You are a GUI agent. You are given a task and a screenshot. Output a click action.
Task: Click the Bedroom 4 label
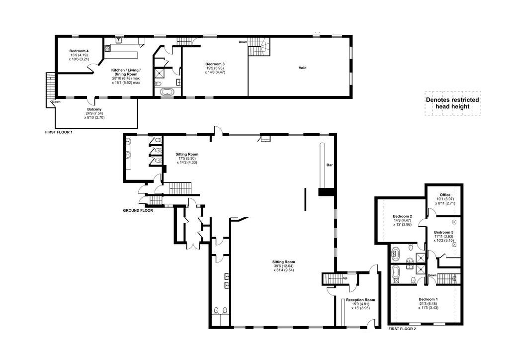[x=79, y=51]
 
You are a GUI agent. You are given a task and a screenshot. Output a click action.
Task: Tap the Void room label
[x=303, y=68]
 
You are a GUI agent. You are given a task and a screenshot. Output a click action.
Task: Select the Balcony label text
[x=94, y=109]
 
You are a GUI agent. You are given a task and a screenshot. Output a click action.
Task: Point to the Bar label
[x=330, y=165]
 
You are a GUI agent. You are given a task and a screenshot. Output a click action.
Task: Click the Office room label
[x=445, y=195]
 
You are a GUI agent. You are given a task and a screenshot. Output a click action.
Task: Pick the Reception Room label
[x=360, y=300]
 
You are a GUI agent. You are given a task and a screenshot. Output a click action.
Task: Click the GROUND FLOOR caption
[x=138, y=210]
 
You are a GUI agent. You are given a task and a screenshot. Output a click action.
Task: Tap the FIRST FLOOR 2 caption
[x=402, y=329]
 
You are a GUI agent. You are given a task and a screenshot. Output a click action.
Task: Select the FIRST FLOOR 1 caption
[x=59, y=132]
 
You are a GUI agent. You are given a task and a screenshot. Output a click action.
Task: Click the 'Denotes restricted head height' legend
[x=452, y=103]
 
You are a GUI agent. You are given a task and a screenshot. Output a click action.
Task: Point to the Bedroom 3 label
[x=215, y=64]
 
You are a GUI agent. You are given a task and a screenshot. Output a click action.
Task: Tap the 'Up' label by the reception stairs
[x=345, y=278]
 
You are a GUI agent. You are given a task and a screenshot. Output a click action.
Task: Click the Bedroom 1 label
[x=428, y=299]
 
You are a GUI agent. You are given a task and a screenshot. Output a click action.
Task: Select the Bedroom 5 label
[x=444, y=232]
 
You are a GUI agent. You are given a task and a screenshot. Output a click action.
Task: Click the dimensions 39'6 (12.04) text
[x=284, y=266]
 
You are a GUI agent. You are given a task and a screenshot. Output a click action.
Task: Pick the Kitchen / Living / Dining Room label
[x=126, y=72]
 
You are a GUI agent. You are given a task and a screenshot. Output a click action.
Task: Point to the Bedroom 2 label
[x=402, y=216]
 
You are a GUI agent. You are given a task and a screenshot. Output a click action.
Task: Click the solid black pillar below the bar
[x=326, y=192]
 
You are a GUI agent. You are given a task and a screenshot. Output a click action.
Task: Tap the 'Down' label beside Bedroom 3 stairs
[x=243, y=42]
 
